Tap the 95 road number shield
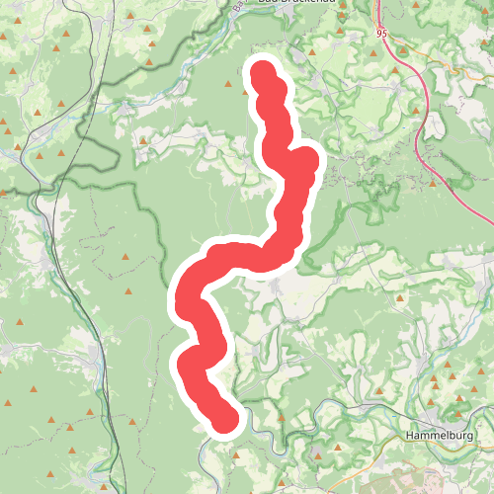tap(381, 33)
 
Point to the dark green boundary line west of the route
tap(148, 198)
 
